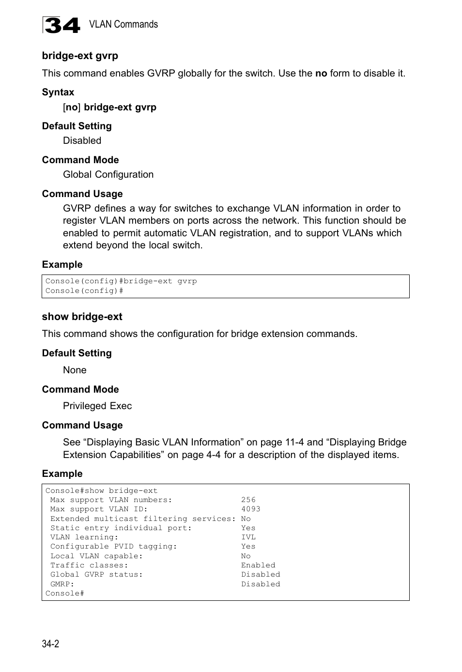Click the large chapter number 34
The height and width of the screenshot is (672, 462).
pos(61,25)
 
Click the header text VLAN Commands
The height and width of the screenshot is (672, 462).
pos(123,24)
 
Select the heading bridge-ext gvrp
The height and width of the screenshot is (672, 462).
pos(80,56)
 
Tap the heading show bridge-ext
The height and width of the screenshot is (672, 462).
pos(82,317)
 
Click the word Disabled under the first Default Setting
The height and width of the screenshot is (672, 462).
pos(82,141)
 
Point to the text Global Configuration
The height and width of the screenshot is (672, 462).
pos(108,175)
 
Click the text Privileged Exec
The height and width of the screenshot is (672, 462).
pos(97,406)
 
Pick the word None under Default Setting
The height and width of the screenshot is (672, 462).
pos(75,370)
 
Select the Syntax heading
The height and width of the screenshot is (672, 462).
pos(58,92)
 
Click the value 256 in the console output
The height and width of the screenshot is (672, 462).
pos(248,500)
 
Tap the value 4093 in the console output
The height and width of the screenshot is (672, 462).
pos(251,509)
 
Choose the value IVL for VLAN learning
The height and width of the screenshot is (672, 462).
pos(248,537)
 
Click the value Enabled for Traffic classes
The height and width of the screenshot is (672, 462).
pos(258,565)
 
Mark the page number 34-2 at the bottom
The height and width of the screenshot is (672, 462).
pos(50,644)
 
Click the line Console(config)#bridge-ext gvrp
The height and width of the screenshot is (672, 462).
pos(121,281)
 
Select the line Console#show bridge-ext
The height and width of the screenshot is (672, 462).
pos(101,491)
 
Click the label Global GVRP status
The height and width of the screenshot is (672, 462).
pos(96,575)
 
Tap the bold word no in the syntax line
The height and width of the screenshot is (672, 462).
pos(71,107)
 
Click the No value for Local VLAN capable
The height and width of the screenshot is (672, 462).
pos(246,556)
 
